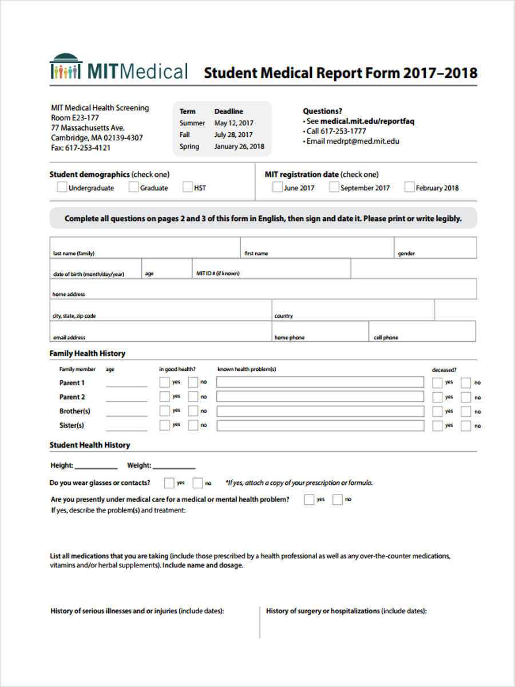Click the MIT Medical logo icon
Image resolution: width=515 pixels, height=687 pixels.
click(x=66, y=66)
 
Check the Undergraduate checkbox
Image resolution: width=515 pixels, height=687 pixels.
click(x=61, y=187)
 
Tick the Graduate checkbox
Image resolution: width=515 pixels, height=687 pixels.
click(x=133, y=187)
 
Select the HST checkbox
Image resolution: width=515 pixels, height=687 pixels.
click(x=188, y=187)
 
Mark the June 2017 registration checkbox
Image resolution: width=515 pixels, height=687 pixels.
click(x=277, y=187)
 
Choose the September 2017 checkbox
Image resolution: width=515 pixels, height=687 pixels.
click(x=334, y=187)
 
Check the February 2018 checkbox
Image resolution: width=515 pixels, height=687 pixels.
click(x=409, y=187)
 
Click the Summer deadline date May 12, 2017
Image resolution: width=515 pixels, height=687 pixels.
click(x=233, y=123)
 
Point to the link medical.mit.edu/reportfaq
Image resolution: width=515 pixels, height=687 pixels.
click(x=367, y=121)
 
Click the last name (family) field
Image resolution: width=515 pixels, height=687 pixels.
click(x=145, y=247)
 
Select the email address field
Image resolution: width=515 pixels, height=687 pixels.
click(x=160, y=331)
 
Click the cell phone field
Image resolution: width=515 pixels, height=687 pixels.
click(x=422, y=331)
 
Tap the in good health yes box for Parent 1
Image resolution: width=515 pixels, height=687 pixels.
click(x=165, y=382)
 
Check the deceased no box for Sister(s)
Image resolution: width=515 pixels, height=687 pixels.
click(x=466, y=425)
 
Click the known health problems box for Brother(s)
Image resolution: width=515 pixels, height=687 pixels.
click(x=320, y=411)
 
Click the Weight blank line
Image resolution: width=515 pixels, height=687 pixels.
click(x=174, y=465)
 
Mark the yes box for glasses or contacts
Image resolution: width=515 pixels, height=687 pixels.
click(x=169, y=483)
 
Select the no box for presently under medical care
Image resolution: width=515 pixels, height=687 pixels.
click(x=338, y=499)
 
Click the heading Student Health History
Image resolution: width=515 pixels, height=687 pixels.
click(x=90, y=445)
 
